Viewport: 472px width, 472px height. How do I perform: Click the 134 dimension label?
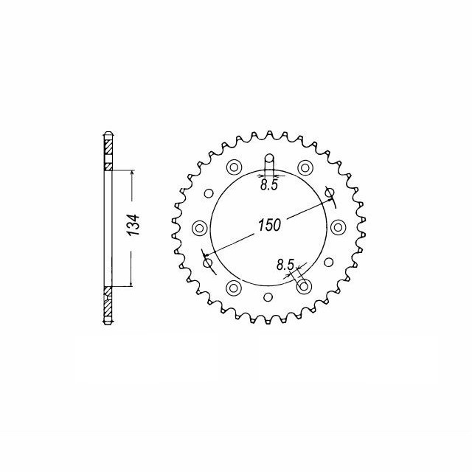133,225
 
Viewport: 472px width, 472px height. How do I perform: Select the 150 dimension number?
269,224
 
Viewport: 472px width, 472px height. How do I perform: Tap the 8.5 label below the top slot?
268,185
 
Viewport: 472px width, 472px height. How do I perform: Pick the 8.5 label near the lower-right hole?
285,265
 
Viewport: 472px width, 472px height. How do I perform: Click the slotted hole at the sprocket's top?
269,164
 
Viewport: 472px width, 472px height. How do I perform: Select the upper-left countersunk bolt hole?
234,167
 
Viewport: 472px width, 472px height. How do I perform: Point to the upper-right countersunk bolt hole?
305,167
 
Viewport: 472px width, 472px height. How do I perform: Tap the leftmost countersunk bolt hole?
200,228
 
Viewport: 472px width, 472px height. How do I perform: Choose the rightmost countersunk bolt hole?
338,227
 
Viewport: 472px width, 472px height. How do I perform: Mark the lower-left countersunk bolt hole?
234,288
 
